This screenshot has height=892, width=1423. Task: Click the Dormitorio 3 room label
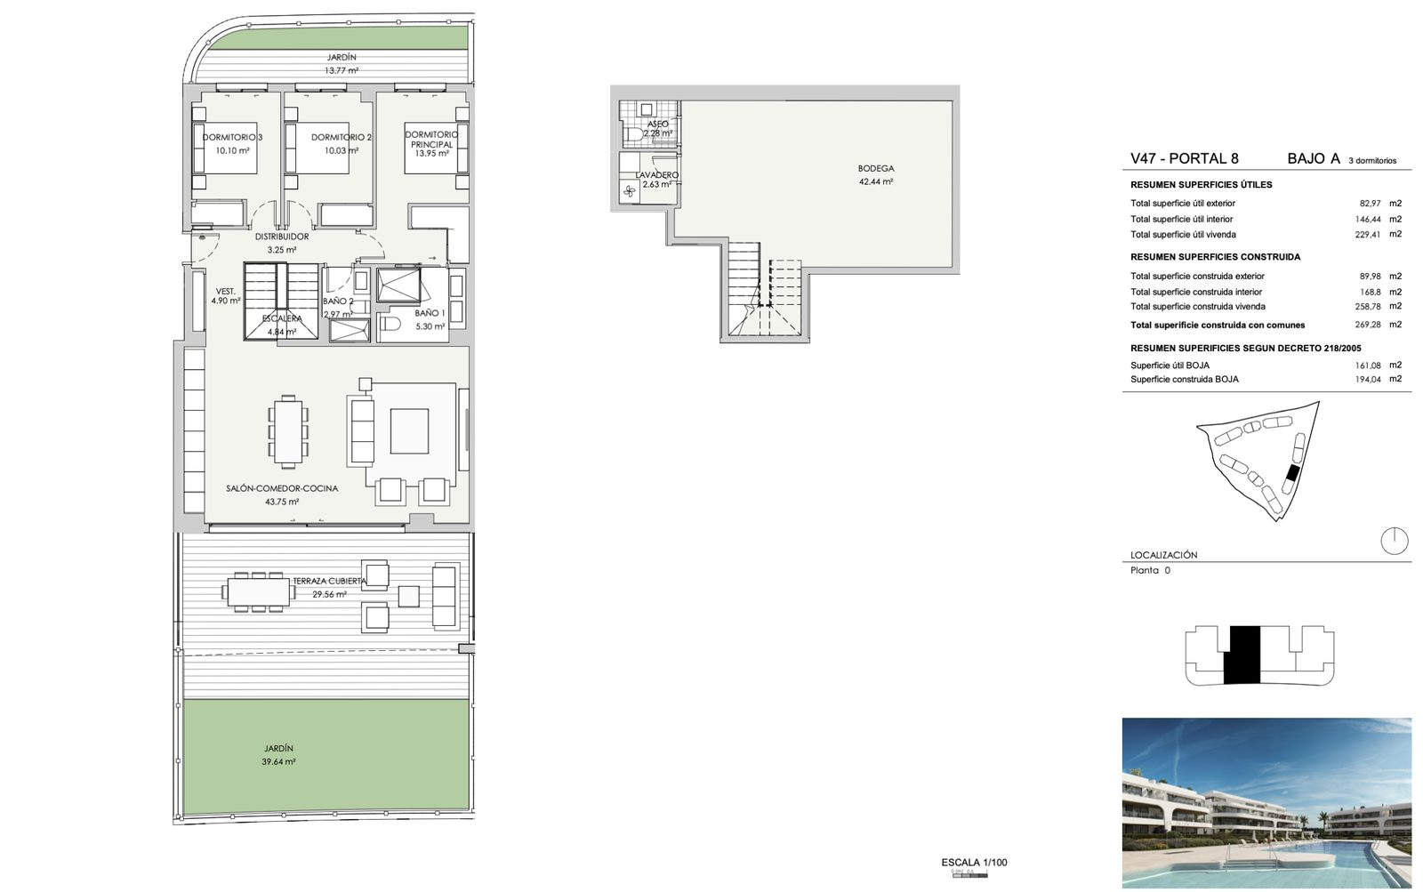(232, 137)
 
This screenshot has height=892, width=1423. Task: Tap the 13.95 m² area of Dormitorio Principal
(431, 153)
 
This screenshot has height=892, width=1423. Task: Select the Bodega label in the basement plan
(875, 168)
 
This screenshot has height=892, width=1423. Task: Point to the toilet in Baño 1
(390, 325)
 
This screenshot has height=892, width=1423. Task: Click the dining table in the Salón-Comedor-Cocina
(288, 431)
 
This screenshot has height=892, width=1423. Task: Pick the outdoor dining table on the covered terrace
(259, 592)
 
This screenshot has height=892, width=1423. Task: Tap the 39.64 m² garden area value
(278, 762)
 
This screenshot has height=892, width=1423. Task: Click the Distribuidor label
(282, 237)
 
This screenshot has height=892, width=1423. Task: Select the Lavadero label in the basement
(657, 174)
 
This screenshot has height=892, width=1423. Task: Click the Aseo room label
(657, 124)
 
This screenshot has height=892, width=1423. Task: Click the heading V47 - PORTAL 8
(1184, 158)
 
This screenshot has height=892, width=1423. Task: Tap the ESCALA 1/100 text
(974, 862)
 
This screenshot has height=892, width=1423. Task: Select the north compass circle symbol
(1394, 542)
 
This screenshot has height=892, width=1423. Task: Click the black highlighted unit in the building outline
(1242, 655)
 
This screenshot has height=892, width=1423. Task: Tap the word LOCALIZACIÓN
(1164, 555)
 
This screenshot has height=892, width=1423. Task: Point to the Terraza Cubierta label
(329, 581)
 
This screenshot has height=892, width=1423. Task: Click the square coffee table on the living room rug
(409, 430)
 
